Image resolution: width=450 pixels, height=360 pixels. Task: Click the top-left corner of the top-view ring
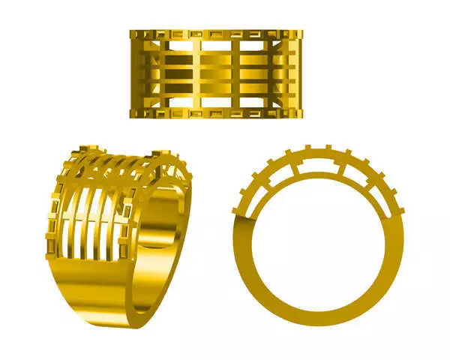click(130, 31)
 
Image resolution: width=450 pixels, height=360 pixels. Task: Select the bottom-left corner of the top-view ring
click(130, 118)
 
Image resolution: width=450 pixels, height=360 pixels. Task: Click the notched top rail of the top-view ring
click(216, 34)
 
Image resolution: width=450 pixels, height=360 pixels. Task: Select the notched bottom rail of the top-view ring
click(216, 113)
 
